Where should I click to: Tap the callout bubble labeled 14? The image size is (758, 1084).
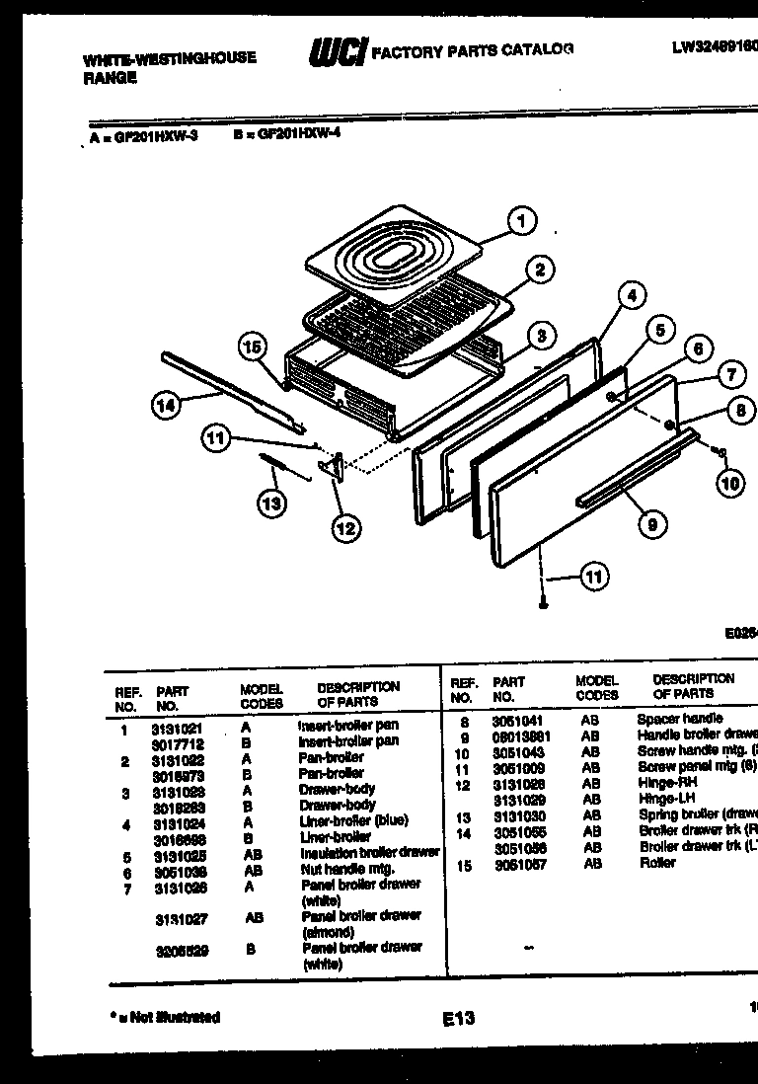coord(168,402)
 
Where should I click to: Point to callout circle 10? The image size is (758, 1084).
coord(731,483)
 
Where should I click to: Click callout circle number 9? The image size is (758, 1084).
coord(651,524)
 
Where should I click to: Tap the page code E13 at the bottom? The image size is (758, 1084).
coord(458,1018)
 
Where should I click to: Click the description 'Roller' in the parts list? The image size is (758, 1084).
coord(656,862)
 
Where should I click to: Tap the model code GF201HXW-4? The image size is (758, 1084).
coord(297,138)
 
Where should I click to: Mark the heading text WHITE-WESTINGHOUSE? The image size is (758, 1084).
coord(169,58)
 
